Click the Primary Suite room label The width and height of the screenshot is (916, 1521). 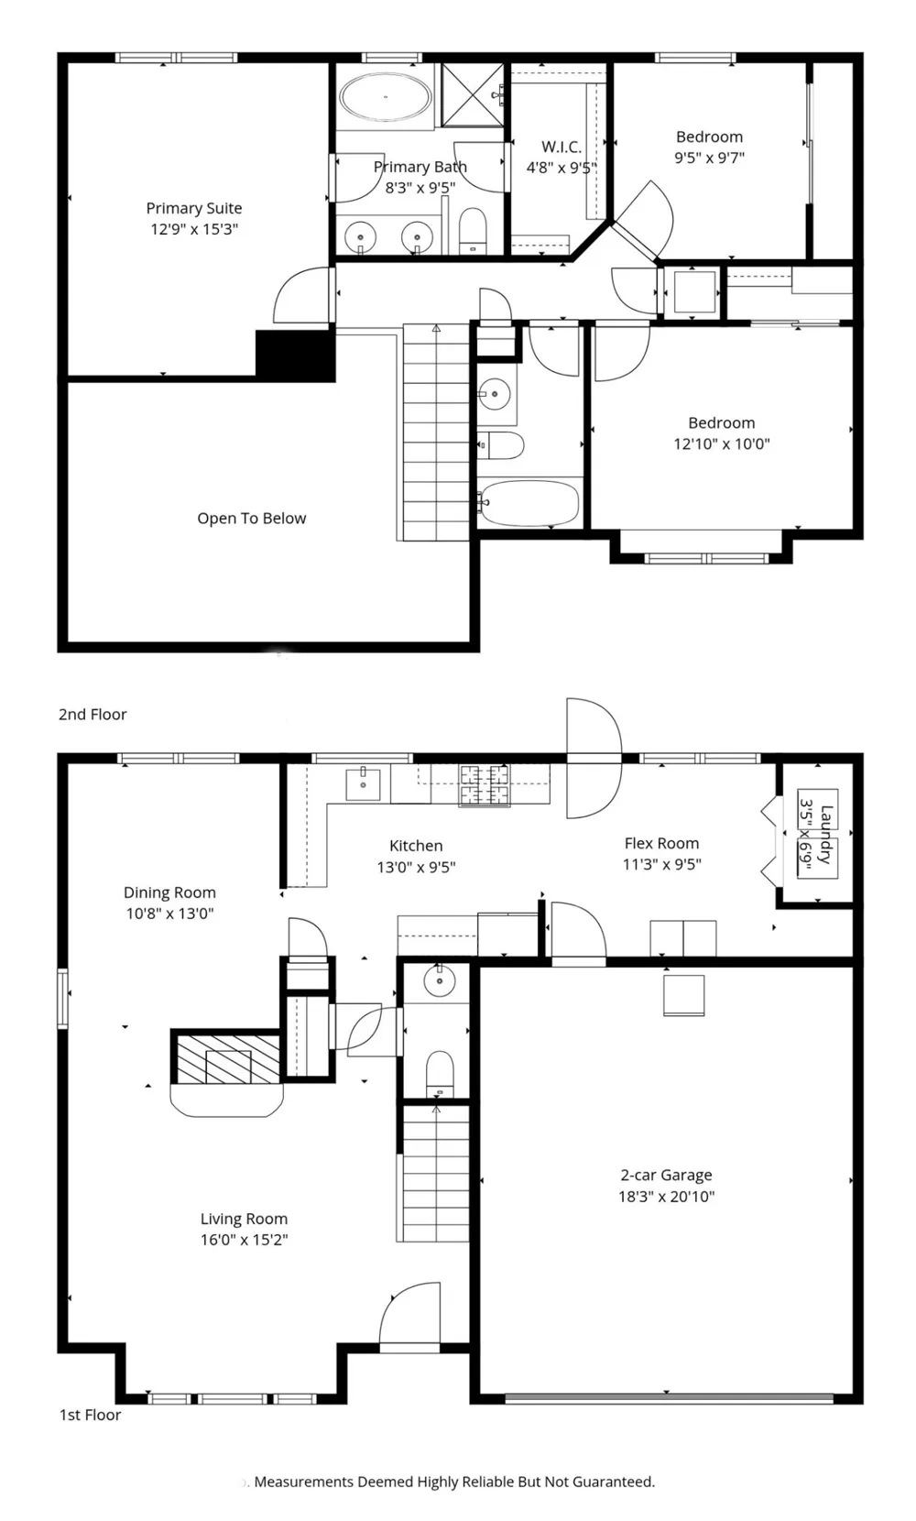(x=194, y=208)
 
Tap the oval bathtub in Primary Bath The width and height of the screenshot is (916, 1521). (x=385, y=98)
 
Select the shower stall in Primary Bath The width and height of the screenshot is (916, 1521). (x=473, y=94)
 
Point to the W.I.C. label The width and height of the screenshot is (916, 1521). (x=562, y=147)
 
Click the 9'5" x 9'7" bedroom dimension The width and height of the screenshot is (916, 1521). (x=710, y=158)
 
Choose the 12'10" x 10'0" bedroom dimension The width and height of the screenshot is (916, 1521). (x=722, y=444)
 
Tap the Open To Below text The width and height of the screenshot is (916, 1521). (x=252, y=518)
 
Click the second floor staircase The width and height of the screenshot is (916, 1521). (x=436, y=432)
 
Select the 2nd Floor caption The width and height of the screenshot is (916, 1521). (x=93, y=715)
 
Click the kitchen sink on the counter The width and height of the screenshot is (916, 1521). (x=364, y=783)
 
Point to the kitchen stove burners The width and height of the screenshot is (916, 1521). (x=485, y=785)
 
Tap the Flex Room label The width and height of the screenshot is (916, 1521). (x=662, y=843)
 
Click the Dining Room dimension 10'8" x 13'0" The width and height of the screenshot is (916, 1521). (x=169, y=914)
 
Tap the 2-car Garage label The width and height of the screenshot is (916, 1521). (x=667, y=1175)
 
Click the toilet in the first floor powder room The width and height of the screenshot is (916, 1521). (x=440, y=1073)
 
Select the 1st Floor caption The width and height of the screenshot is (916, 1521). (x=91, y=1415)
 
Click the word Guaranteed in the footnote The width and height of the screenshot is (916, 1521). (x=613, y=1482)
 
